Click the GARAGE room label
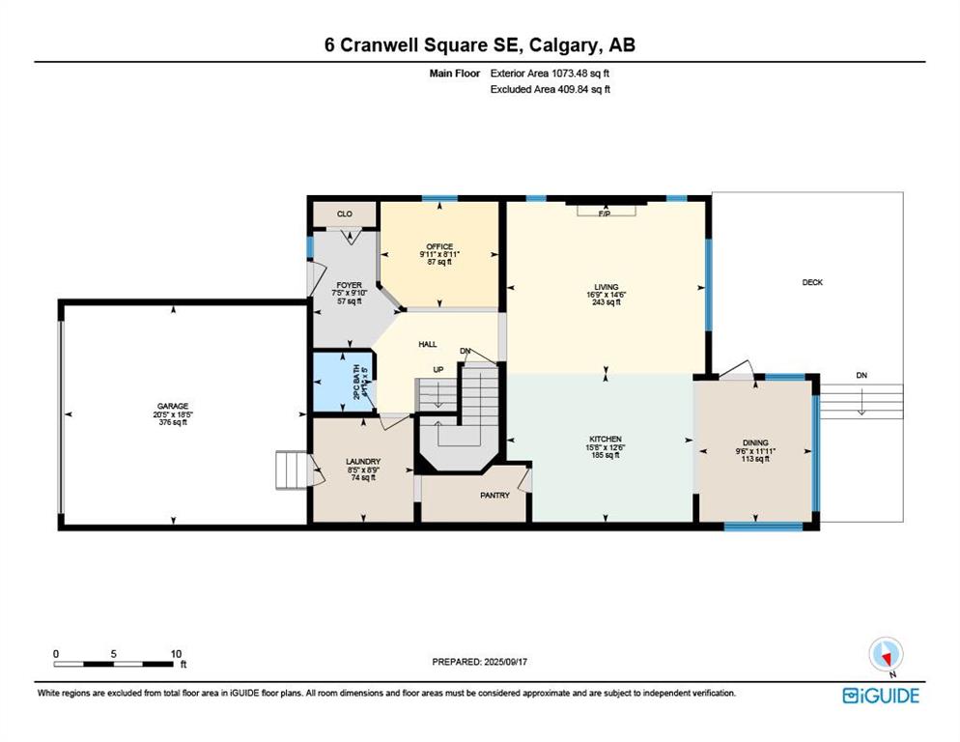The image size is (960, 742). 173,406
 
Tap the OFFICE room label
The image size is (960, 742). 439,246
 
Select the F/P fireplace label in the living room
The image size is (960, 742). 605,214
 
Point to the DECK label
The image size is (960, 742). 812,282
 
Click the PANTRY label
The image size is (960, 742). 494,496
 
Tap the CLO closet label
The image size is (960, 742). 344,214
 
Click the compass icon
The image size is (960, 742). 885,654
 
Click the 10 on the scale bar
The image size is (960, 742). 176,653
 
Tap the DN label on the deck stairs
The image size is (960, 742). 861,375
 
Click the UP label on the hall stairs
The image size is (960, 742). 438,369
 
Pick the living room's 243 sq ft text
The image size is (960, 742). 607,302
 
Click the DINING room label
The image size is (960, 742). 755,442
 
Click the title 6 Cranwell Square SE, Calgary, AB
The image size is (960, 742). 480,44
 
